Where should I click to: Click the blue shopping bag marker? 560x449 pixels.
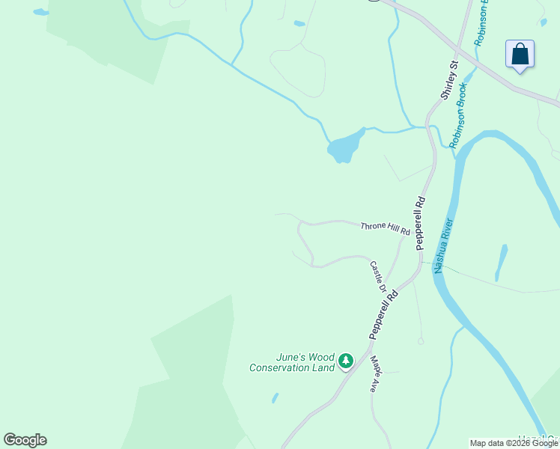coord(520,55)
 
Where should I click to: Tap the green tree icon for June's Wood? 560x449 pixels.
coord(345,361)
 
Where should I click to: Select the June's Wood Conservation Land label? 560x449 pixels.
coord(292,362)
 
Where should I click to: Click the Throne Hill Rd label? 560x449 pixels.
coord(385,228)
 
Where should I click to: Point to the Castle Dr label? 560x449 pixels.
coord(378,276)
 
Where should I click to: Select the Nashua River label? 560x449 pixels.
coord(445,245)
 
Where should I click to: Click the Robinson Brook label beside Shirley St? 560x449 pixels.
coord(458,114)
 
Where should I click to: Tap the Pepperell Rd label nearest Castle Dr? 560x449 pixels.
coord(383,314)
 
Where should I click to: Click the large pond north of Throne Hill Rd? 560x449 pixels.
coord(344,147)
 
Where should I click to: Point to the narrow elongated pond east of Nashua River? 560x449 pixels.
coord(501,262)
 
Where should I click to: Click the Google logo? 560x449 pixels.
coord(25,440)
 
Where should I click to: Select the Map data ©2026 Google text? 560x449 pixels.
coord(514,443)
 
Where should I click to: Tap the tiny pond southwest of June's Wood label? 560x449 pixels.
coord(275,398)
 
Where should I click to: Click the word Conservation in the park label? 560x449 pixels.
coord(281,367)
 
